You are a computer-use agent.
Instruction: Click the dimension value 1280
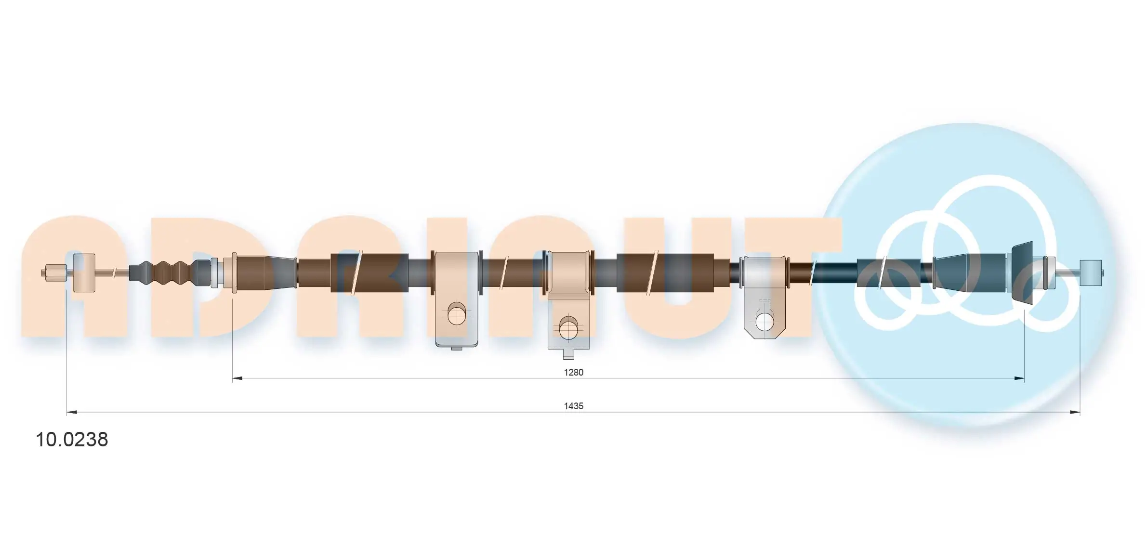point(573,372)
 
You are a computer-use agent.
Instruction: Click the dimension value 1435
point(573,406)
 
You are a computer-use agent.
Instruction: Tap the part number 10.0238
point(72,440)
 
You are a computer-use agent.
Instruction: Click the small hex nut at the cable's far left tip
point(54,273)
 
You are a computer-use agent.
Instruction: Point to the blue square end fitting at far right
point(1091,273)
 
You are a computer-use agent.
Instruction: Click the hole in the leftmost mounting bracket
point(457,314)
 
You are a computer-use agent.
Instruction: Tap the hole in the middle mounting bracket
point(568,328)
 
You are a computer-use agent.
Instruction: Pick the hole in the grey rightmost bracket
point(765,322)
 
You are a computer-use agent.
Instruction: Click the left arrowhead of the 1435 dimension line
point(72,412)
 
